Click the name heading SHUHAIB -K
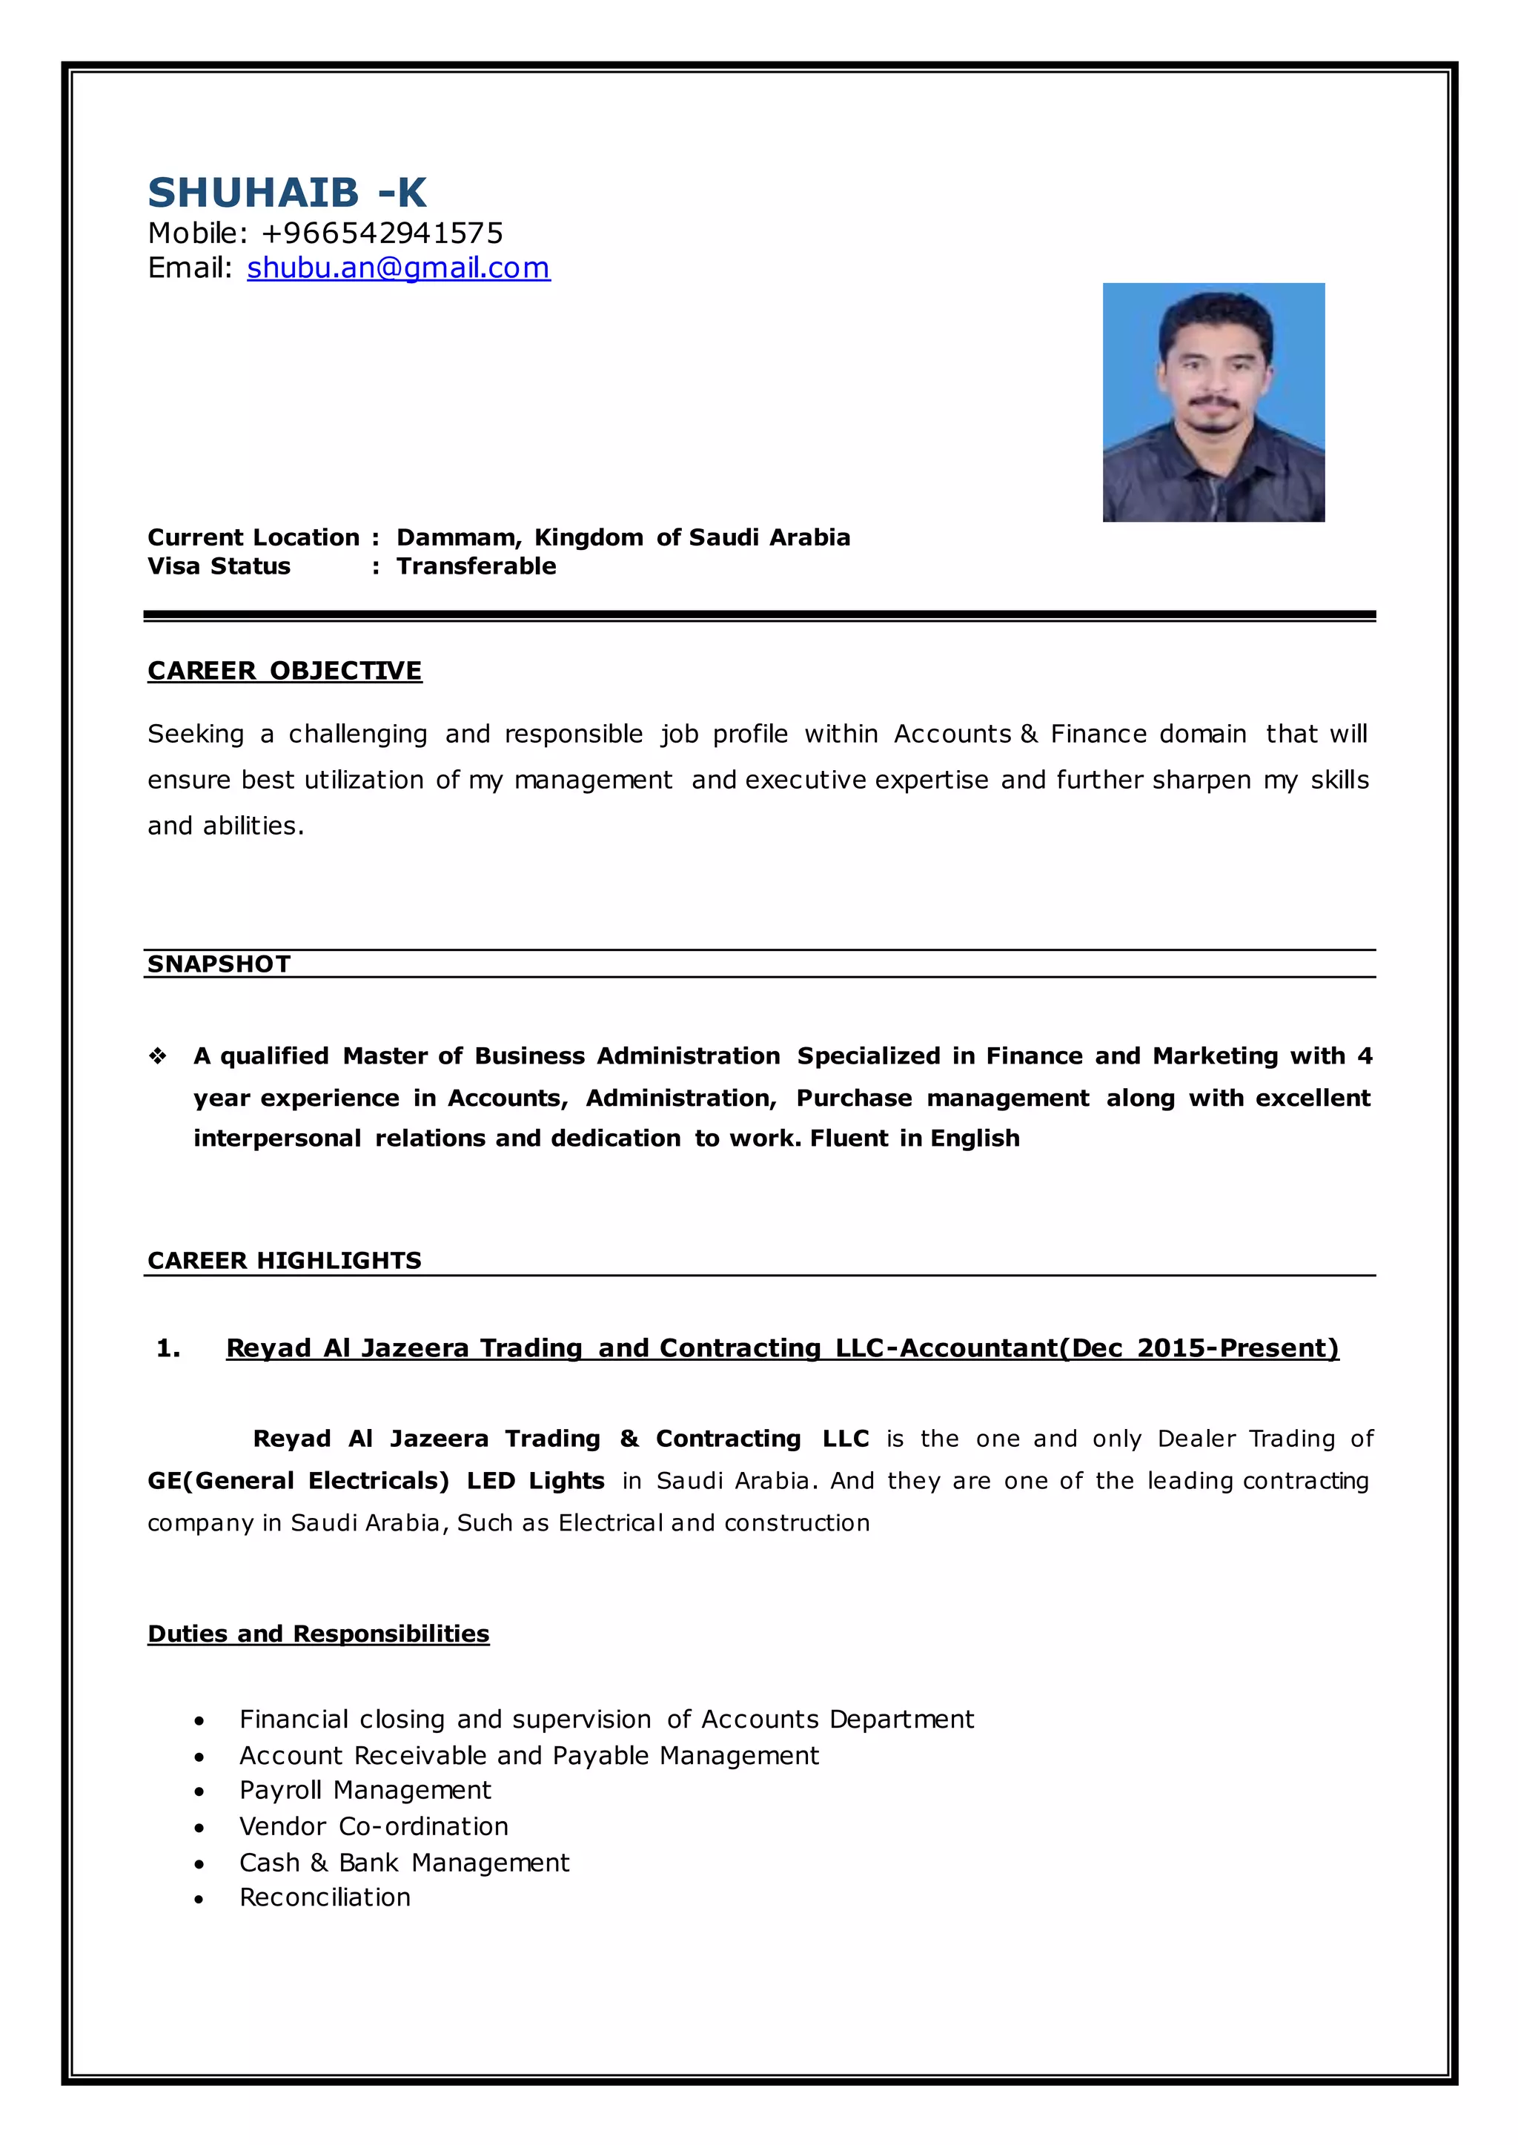287,193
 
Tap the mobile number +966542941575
382,233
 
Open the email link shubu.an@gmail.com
398,268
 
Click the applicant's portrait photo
1213,402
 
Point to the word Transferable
476,566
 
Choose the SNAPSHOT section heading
219,964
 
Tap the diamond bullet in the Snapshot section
157,1056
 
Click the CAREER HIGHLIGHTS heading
284,1261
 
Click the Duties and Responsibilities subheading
318,1634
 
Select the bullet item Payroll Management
365,1790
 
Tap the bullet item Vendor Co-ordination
374,1826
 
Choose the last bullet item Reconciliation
325,1897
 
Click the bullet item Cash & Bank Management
404,1863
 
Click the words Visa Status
219,566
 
